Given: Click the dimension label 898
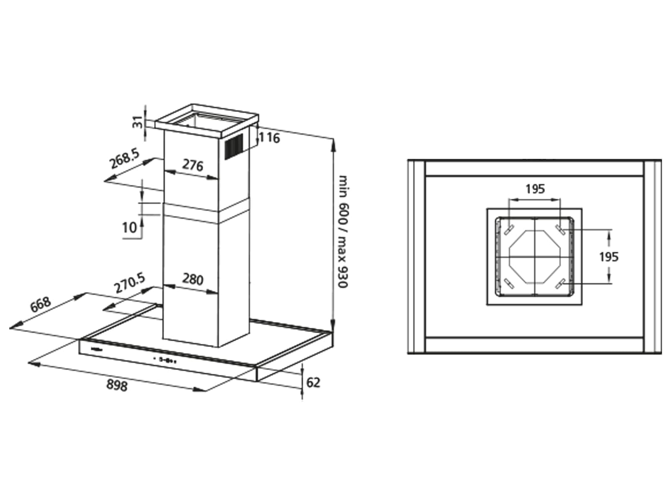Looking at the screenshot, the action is point(117,385).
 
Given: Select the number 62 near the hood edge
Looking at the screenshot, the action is point(313,382).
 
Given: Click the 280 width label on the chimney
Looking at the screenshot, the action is point(193,279).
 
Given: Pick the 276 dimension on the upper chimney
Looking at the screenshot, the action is point(193,165).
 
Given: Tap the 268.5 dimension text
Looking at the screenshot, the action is point(124,159).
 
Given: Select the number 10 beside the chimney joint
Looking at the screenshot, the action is point(129,228).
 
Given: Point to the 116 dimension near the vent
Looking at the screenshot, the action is point(269,138).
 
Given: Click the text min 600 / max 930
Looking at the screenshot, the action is point(343,231).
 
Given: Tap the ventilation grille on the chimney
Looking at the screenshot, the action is point(234,147).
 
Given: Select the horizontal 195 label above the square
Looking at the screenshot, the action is point(535,189).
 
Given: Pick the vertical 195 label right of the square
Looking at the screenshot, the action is point(608,257).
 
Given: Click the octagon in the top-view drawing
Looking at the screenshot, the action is point(535,257).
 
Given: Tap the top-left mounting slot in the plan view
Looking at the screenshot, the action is point(510,230).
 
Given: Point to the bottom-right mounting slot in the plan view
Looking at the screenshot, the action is point(560,284).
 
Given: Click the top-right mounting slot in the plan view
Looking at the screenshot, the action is point(560,230).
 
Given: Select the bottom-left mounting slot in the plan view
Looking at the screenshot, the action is point(510,284).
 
